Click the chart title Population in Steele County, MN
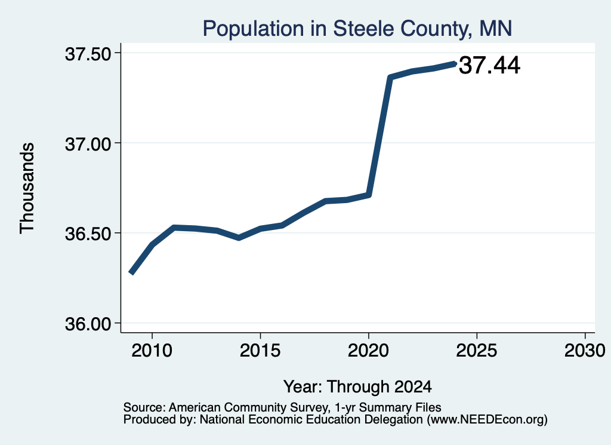point(357,29)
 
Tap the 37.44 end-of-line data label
point(489,65)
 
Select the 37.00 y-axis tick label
point(88,144)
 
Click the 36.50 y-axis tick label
point(88,234)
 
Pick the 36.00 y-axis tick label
point(88,324)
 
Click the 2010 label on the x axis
point(152,350)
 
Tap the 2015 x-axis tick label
point(260,350)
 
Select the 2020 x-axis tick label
point(368,350)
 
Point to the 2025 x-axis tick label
point(477,350)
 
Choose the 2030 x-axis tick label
point(585,350)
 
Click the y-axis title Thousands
point(27,188)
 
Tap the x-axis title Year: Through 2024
point(357,386)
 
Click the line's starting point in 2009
point(131,272)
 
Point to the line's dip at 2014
point(239,238)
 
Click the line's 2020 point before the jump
point(369,195)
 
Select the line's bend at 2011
point(174,228)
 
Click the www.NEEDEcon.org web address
point(487,420)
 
